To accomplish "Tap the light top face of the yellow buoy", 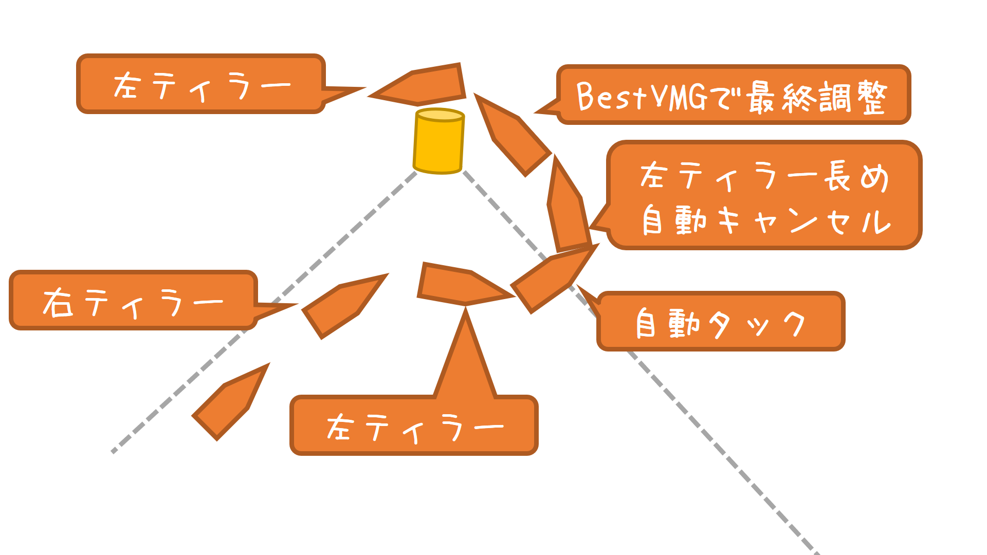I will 440,115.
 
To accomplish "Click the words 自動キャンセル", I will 766,221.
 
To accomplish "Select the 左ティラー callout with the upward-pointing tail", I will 414,427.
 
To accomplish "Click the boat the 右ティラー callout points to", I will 342,306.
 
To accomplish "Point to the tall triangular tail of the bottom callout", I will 465,360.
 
